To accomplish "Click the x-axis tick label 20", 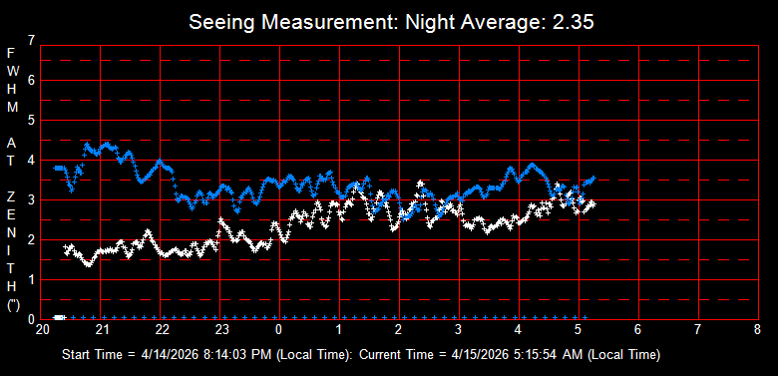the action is click(x=42, y=330).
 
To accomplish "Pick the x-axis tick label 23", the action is click(x=221, y=330).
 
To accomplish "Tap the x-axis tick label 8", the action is click(x=757, y=330).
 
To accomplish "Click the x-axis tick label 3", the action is click(x=458, y=330).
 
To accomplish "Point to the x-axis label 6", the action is click(x=637, y=330).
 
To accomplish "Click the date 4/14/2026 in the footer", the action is click(x=164, y=355).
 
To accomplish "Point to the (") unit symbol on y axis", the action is click(x=13, y=304).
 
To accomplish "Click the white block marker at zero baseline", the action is click(x=59, y=317).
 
